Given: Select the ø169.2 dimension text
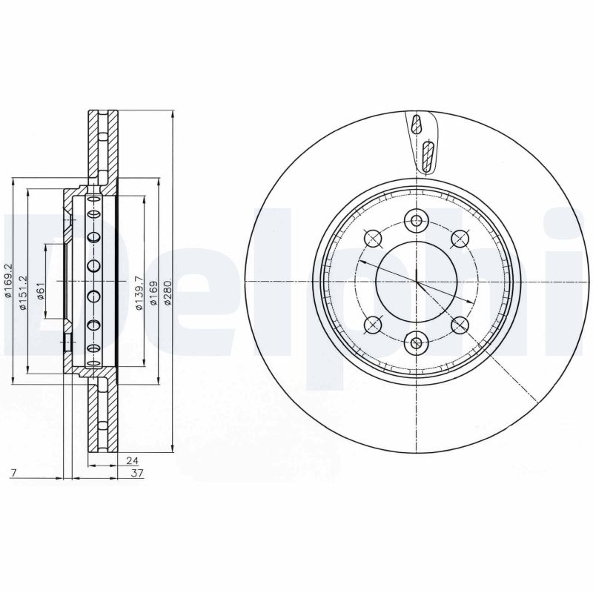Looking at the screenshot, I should click(x=8, y=282).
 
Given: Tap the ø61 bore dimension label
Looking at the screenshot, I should click(x=42, y=290).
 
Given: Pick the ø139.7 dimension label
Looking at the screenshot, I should click(x=138, y=290).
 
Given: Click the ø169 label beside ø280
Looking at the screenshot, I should click(x=153, y=291).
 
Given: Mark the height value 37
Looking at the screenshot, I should click(x=136, y=472).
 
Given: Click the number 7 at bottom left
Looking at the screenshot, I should click(x=13, y=472).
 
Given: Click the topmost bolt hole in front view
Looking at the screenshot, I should click(x=417, y=220).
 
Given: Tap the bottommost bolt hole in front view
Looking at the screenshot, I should click(x=417, y=342).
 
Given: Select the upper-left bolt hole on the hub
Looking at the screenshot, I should click(x=373, y=238).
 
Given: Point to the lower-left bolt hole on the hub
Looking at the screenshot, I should click(x=373, y=325).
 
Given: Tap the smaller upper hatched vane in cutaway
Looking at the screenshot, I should click(x=417, y=125).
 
